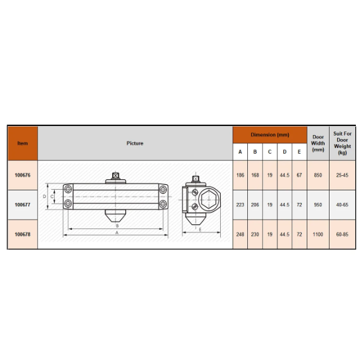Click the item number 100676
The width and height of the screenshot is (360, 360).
click(x=23, y=175)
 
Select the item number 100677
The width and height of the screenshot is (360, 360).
click(x=23, y=205)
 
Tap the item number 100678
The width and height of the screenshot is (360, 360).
click(x=23, y=234)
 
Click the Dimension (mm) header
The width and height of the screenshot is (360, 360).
click(x=270, y=135)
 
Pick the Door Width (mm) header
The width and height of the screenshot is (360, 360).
click(x=318, y=143)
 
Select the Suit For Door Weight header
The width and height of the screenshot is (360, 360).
click(x=342, y=143)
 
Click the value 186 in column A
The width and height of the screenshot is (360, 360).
click(x=240, y=175)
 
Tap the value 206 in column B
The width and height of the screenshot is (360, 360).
click(x=255, y=205)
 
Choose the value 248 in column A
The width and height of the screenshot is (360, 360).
click(x=240, y=234)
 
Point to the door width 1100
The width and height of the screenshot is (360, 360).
click(x=318, y=234)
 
